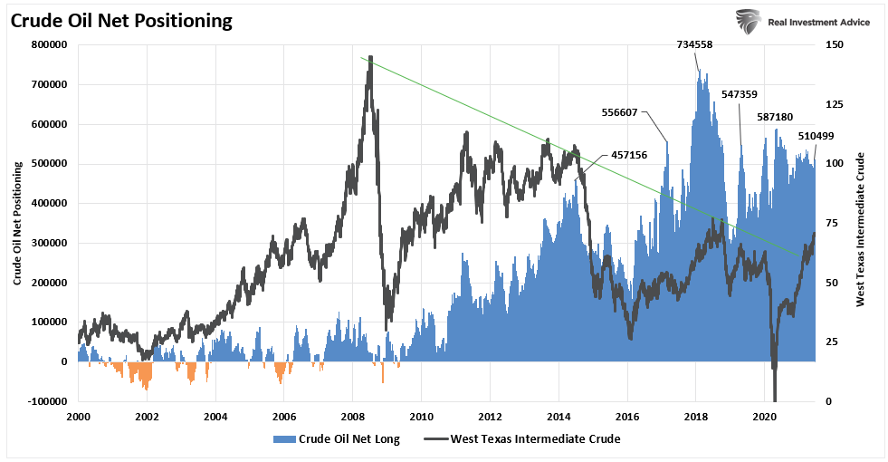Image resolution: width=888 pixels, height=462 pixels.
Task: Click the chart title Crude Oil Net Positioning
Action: [x=123, y=20]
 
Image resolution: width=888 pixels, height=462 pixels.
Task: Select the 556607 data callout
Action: [x=620, y=112]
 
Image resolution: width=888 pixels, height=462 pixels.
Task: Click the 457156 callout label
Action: [x=629, y=155]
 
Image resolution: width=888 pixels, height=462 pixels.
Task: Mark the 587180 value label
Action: [x=775, y=117]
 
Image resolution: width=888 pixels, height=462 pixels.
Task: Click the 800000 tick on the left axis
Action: [x=50, y=44]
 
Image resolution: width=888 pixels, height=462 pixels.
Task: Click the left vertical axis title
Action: [x=17, y=222]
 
